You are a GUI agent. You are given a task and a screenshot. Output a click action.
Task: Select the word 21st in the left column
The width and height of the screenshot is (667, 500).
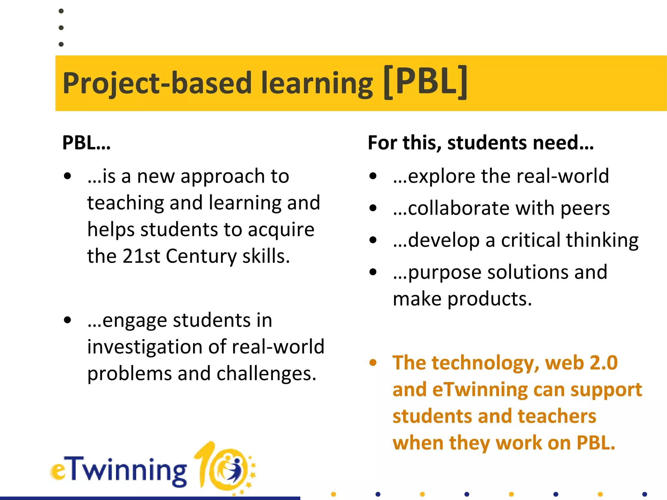(141, 256)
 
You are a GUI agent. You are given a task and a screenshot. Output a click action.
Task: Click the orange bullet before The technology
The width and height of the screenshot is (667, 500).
(373, 363)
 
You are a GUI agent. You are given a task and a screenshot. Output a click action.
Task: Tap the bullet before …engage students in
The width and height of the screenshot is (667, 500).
(67, 320)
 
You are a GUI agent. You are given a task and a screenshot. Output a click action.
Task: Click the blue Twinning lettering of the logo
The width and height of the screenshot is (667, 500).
(127, 470)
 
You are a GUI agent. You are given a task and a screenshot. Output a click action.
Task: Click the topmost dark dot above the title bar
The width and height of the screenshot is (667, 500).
(61, 11)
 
